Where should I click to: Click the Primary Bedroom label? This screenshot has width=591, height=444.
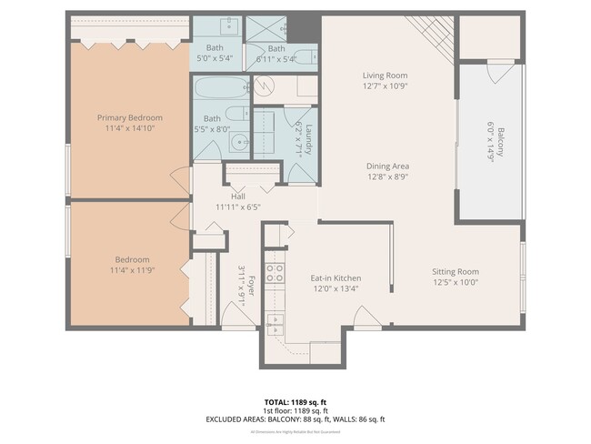tap(130, 117)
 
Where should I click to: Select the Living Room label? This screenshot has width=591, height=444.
tap(385, 76)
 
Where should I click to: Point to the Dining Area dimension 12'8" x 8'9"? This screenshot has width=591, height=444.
tap(386, 178)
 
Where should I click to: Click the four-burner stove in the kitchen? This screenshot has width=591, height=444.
tap(274, 274)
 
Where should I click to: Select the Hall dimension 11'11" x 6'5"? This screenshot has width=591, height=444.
tap(238, 207)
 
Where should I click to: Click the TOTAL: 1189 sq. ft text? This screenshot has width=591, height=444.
tap(295, 399)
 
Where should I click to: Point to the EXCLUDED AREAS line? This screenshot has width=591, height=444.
tap(295, 419)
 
